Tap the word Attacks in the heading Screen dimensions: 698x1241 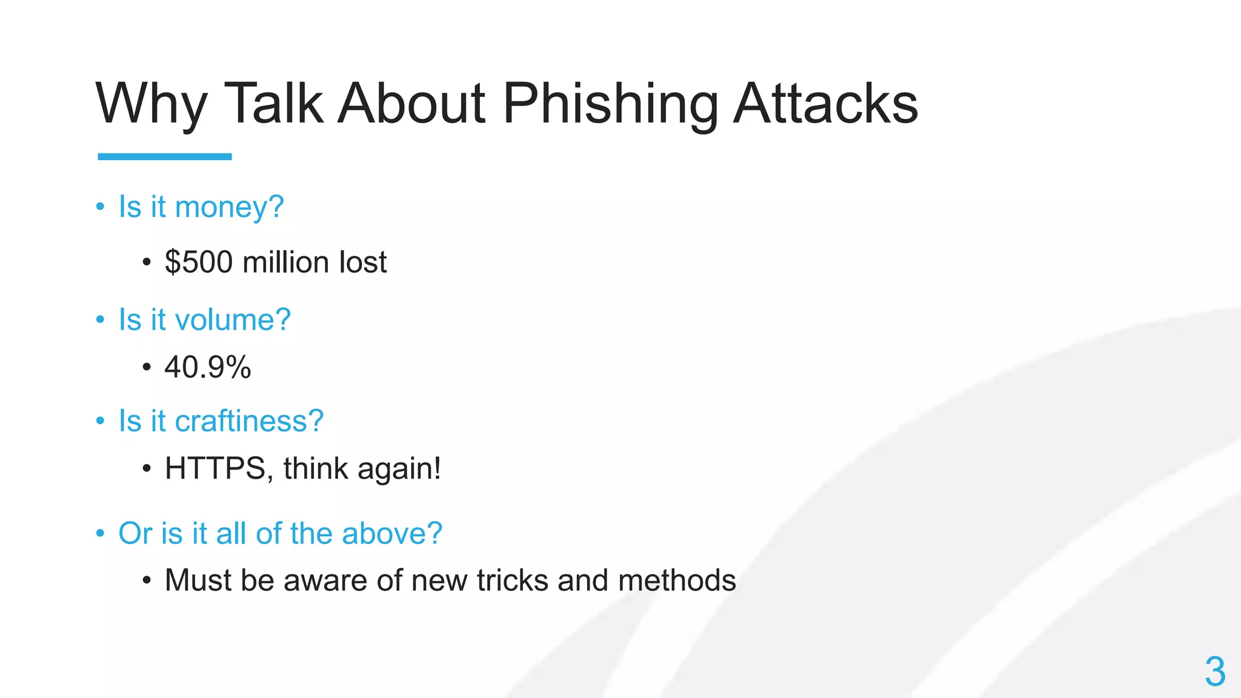825,104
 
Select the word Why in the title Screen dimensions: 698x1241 151,104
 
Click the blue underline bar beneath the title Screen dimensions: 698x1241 165,156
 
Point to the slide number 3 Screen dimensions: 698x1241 1215,671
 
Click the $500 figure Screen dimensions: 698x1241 199,262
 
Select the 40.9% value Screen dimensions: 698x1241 207,367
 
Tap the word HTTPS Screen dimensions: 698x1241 215,468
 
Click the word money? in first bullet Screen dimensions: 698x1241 229,207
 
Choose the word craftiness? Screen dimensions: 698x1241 249,420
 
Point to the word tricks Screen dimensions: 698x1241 513,580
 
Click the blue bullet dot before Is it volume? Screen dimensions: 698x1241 101,320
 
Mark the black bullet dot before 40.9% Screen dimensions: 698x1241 146,367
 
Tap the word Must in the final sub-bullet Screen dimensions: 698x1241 198,580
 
